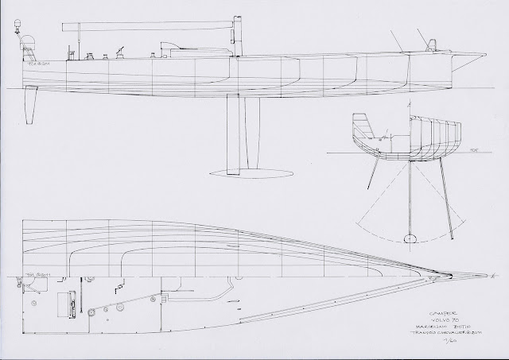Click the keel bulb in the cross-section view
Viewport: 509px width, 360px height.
point(410,238)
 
